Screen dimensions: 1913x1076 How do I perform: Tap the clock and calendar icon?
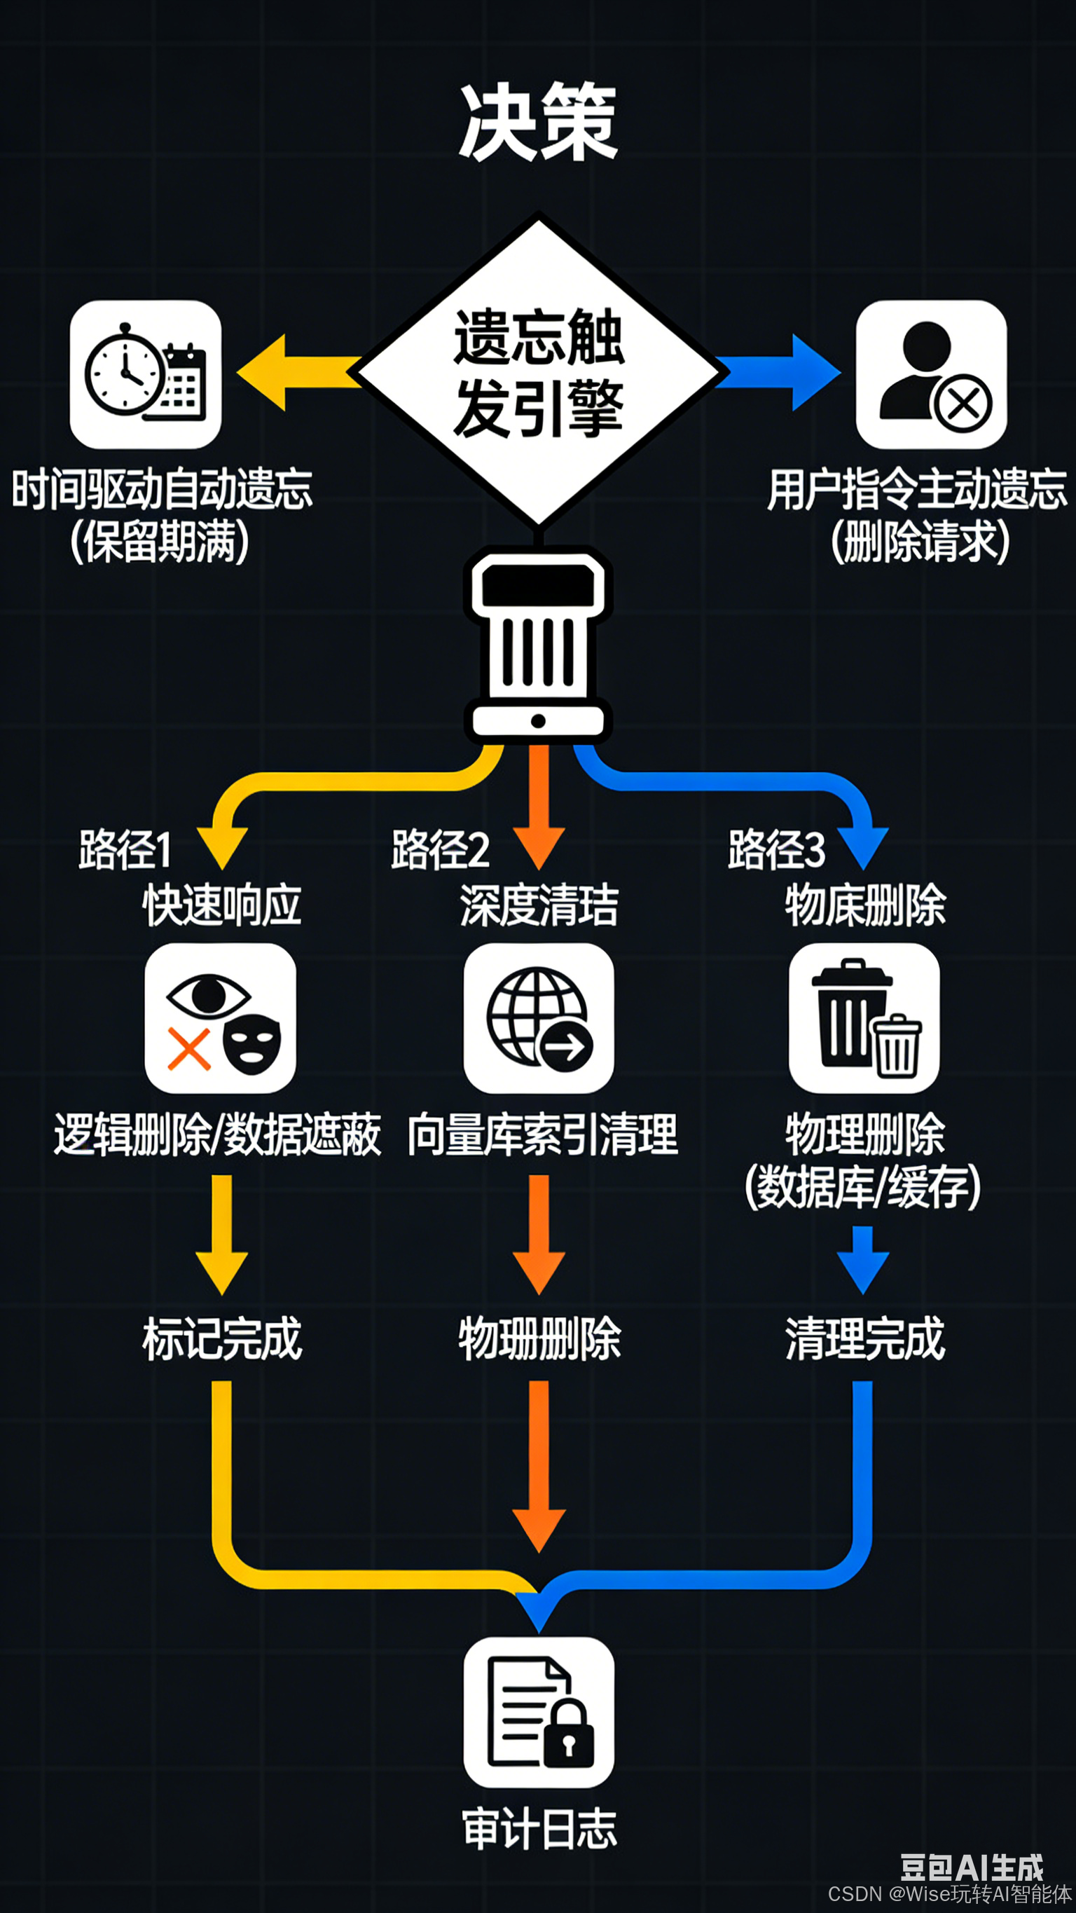(x=146, y=374)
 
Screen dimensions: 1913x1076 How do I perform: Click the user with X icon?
(x=931, y=374)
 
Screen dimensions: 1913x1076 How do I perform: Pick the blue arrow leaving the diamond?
(x=783, y=372)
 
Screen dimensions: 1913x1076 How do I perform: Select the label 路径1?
(x=125, y=849)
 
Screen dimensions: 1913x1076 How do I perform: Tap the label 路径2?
(x=441, y=849)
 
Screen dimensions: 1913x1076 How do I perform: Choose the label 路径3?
(x=776, y=849)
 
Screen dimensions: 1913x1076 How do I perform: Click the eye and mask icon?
(x=220, y=1018)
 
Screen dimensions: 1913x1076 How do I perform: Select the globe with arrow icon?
(x=539, y=1018)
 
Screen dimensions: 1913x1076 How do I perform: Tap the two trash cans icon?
(x=864, y=1018)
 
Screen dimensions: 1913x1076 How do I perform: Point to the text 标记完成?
(x=222, y=1339)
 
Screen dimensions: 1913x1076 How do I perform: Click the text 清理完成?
(x=865, y=1339)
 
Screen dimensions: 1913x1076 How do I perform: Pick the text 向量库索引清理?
(x=543, y=1134)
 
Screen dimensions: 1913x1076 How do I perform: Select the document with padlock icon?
(x=539, y=1712)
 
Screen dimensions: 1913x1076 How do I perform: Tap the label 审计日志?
(x=539, y=1828)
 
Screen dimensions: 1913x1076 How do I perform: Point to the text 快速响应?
(x=222, y=905)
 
